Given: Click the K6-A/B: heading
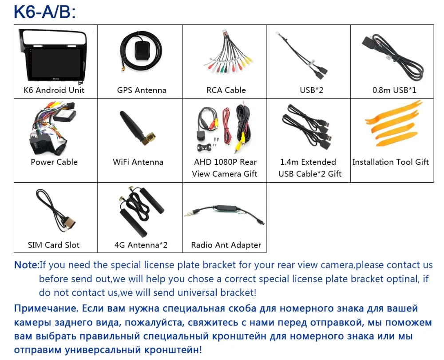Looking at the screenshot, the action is tap(45, 12).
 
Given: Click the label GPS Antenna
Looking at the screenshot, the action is tap(142, 90).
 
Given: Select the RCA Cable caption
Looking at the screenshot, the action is tap(226, 90).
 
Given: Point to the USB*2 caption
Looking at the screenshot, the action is tap(311, 90).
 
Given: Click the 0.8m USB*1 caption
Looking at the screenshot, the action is tap(394, 90).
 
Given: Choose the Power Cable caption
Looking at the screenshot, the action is tap(54, 162).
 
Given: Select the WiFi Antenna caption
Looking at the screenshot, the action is tap(138, 162).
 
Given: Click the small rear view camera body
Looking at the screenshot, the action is tap(201, 135).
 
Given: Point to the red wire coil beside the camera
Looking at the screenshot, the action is tap(226, 126).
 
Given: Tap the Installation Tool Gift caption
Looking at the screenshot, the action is tap(390, 162).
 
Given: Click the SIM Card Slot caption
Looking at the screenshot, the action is tap(54, 245).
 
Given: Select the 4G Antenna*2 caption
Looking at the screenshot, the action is tap(141, 245).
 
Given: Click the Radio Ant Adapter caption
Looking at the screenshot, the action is tap(226, 245).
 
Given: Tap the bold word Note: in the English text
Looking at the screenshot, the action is tap(27, 265).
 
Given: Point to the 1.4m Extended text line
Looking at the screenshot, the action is tap(308, 162).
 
